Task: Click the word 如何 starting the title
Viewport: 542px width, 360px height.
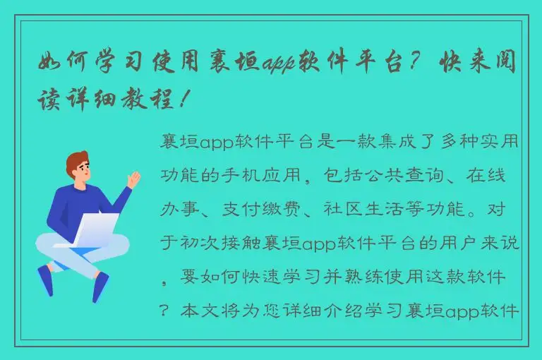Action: (x=61, y=64)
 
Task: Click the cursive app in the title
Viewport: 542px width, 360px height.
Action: (x=280, y=64)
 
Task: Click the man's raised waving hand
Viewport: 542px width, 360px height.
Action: (x=133, y=178)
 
